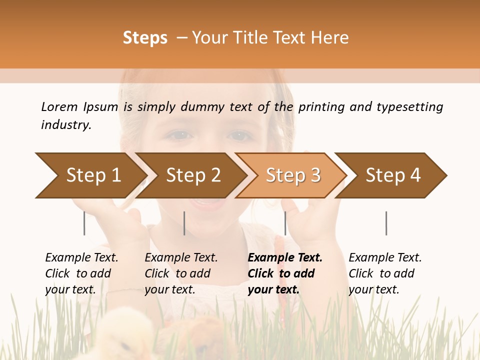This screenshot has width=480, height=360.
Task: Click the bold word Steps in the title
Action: click(x=145, y=38)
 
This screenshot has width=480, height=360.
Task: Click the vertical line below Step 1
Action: click(x=84, y=223)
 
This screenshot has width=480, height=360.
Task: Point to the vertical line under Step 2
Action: click(x=184, y=223)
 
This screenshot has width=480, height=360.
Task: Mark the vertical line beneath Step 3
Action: click(x=285, y=223)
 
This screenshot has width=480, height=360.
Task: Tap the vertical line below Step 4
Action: click(x=386, y=223)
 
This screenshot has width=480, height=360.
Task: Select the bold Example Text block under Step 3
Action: click(x=284, y=273)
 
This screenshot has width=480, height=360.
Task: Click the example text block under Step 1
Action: click(x=81, y=273)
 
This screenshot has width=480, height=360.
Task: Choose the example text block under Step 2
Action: click(x=181, y=273)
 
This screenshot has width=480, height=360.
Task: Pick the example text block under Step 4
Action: click(x=385, y=273)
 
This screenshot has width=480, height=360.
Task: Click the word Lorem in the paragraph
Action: click(x=59, y=106)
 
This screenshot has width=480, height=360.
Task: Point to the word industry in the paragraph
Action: click(x=65, y=124)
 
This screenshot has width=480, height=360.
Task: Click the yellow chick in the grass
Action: click(x=125, y=332)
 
